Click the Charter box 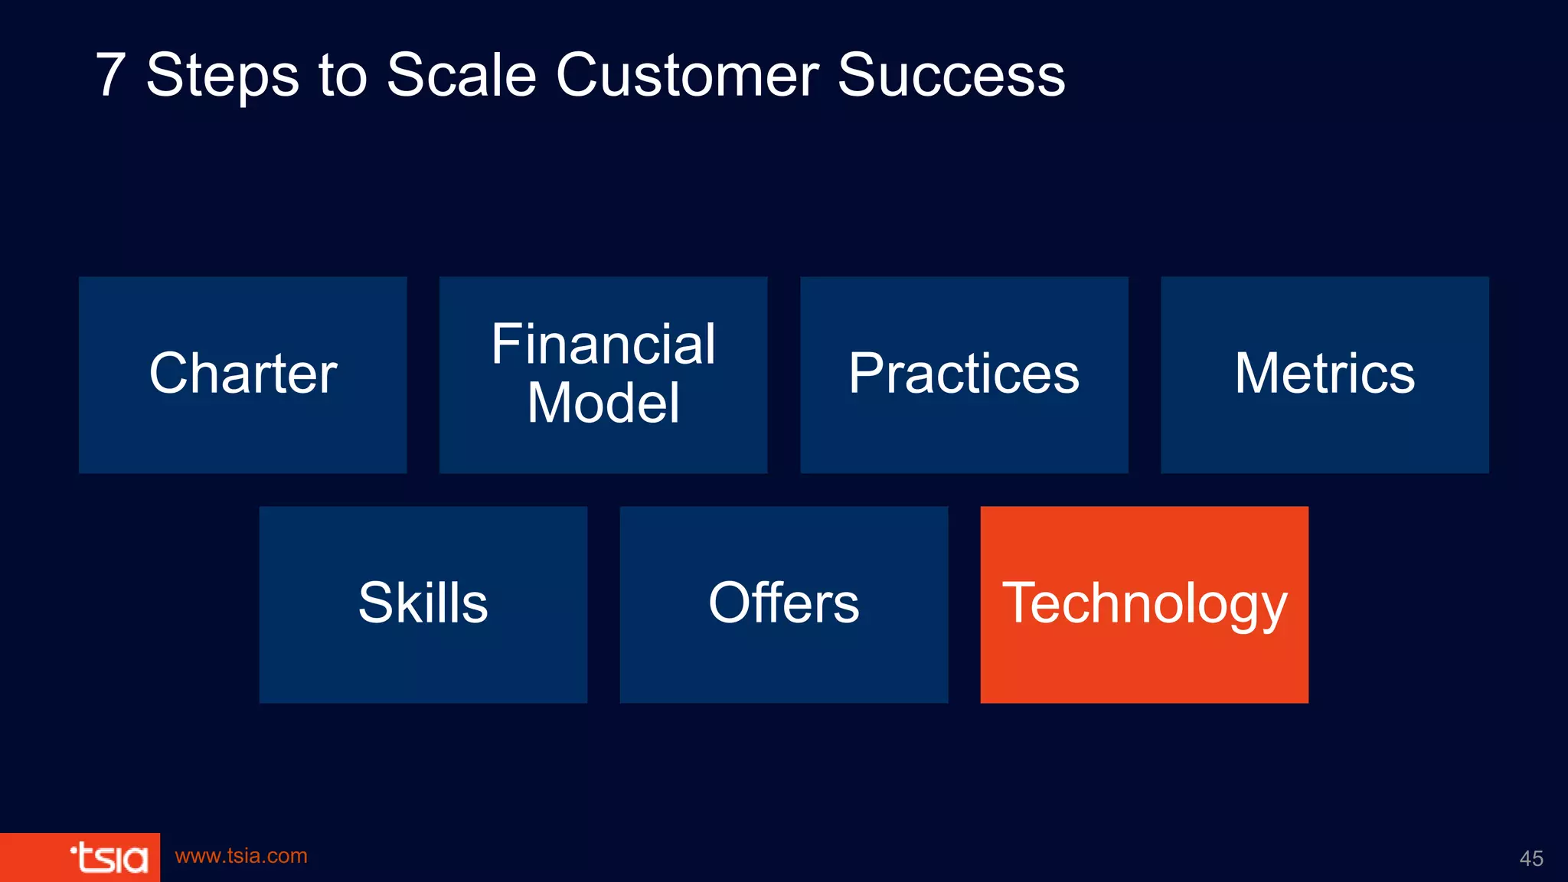coord(243,374)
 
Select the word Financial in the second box coord(603,345)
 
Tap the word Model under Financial coord(603,403)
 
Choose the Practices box coord(964,374)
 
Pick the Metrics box coord(1325,374)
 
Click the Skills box coord(423,604)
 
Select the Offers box coord(783,604)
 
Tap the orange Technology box coord(1144,604)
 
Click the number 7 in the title coord(110,76)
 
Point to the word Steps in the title coord(222,76)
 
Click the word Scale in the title coord(461,76)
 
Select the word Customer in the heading coord(687,76)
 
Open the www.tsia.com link coord(241,856)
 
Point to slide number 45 coord(1530,858)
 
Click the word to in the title coord(342,76)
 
